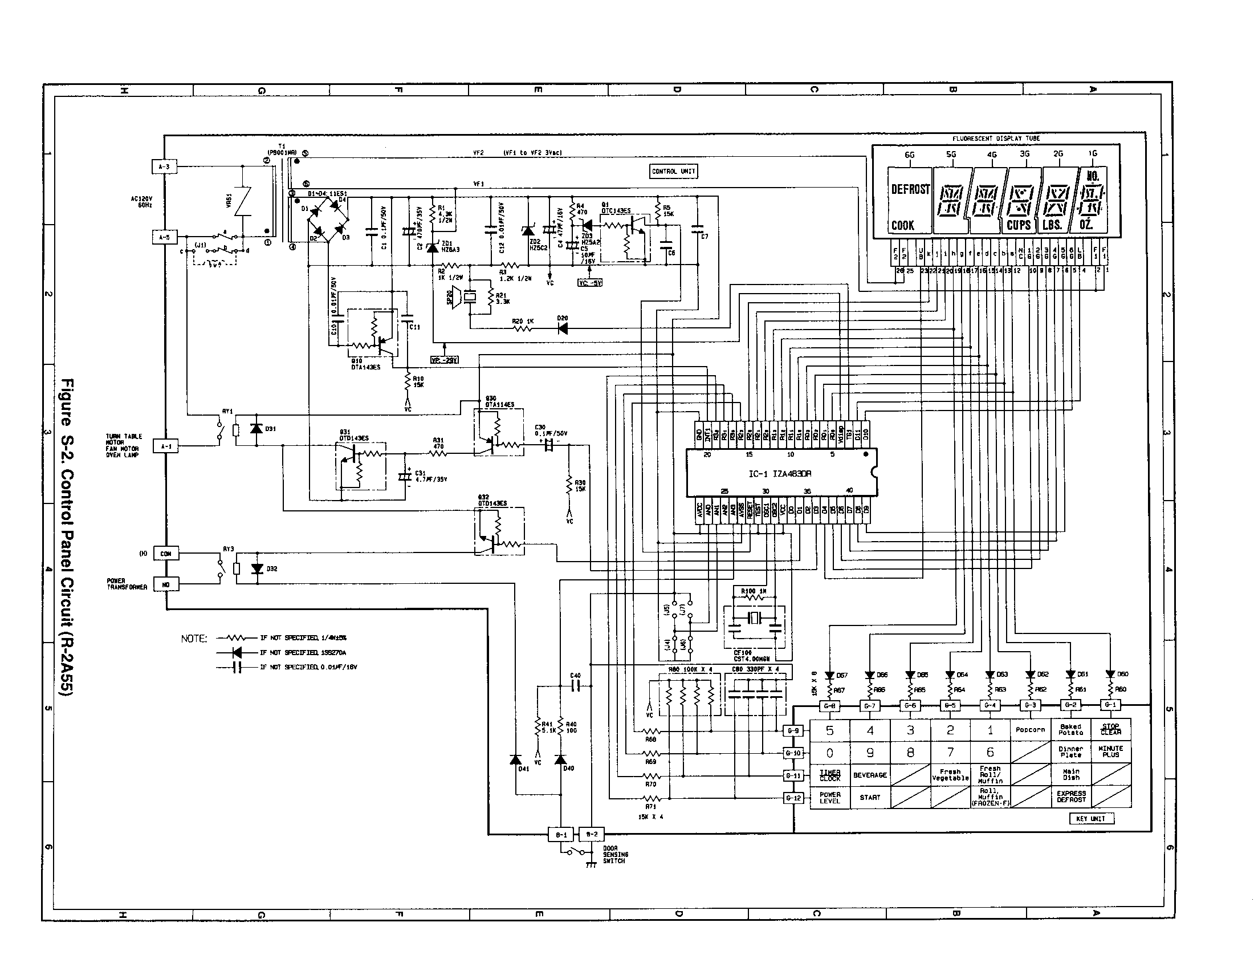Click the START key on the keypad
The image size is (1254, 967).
coord(870,797)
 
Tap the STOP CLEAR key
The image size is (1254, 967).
coord(1110,729)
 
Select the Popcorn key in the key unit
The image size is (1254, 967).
coord(1030,729)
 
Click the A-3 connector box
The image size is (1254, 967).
coord(164,167)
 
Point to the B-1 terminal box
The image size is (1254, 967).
coord(561,834)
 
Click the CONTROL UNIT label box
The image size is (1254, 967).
coord(674,171)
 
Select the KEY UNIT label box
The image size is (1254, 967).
coord(1091,819)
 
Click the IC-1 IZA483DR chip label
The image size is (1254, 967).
coord(780,474)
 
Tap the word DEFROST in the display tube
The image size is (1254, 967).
coord(910,189)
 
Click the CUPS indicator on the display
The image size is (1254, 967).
coord(1019,225)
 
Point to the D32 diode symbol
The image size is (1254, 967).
coord(257,568)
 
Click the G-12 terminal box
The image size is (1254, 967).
coord(793,798)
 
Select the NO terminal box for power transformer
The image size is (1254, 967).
coord(166,584)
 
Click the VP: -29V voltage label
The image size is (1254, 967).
coord(444,360)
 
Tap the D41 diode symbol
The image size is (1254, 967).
coord(516,759)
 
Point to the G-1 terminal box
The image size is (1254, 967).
coord(1110,705)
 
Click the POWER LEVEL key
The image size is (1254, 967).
coord(830,797)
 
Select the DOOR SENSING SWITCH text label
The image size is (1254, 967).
coord(614,855)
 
